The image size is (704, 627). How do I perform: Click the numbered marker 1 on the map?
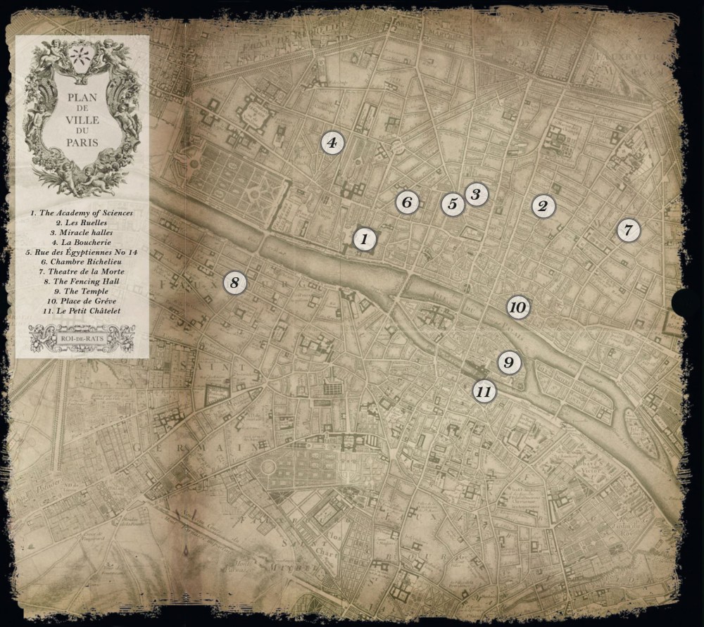(363, 239)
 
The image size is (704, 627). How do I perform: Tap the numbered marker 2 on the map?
(542, 206)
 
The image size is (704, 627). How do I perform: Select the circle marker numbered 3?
(476, 194)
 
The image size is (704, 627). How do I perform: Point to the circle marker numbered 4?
(332, 143)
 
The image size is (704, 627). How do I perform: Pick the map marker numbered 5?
(453, 204)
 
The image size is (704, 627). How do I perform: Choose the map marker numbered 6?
(406, 203)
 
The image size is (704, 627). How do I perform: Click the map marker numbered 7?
(629, 229)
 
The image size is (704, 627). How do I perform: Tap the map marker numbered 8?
(235, 283)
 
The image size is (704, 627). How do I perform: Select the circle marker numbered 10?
(517, 308)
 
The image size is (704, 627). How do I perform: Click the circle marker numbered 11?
(483, 391)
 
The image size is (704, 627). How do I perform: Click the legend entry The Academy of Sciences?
(81, 213)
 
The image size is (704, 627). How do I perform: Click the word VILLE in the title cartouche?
(82, 120)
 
